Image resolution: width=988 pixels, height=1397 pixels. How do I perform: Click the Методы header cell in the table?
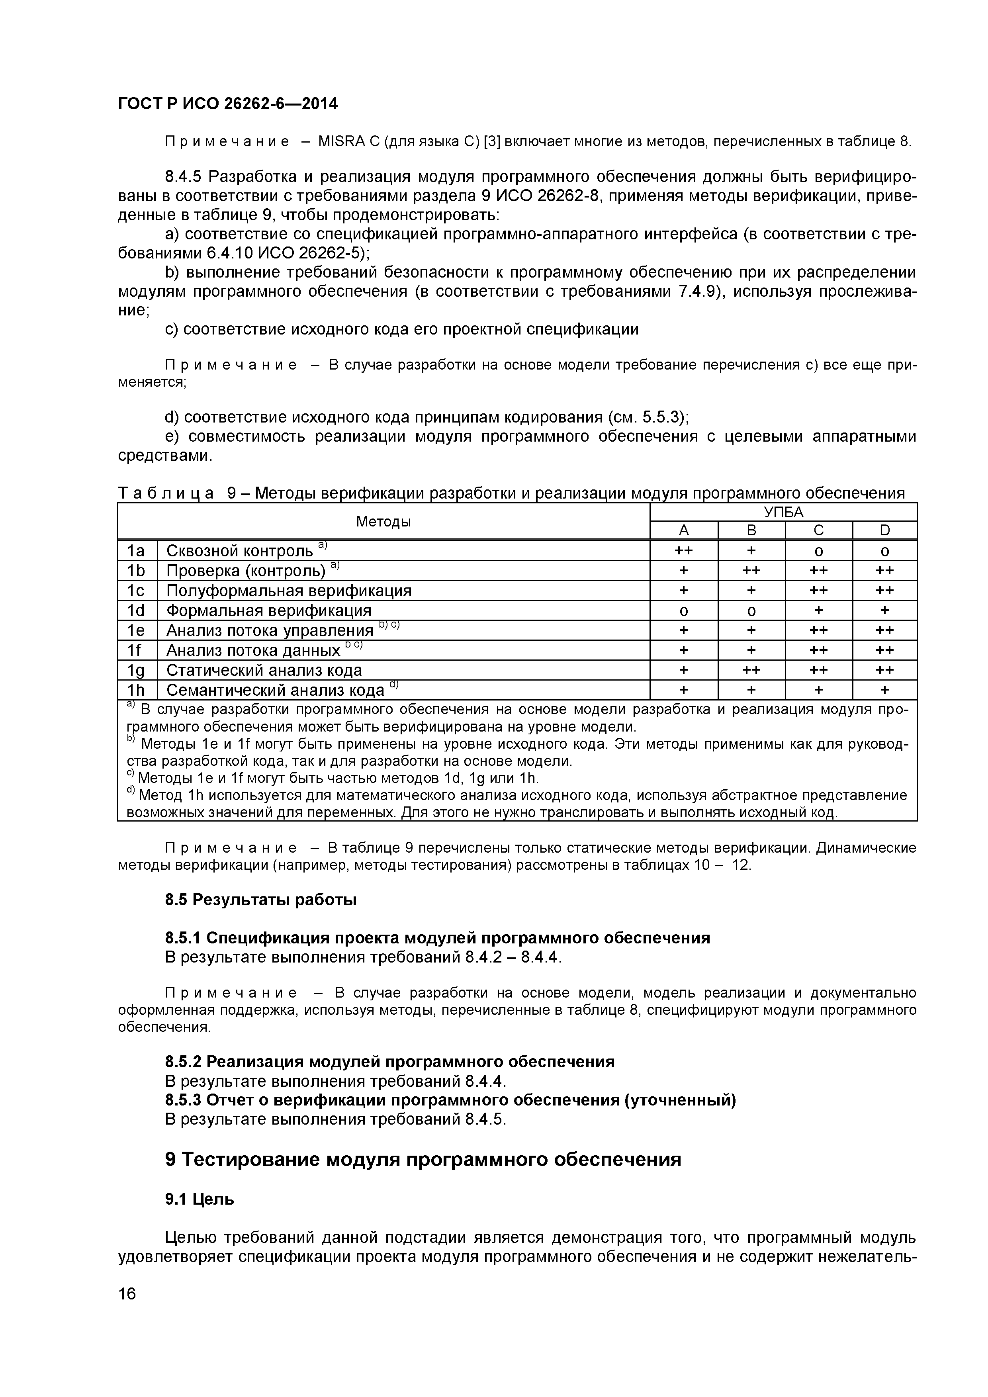click(383, 521)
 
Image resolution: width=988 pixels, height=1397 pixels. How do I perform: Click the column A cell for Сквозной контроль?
click(684, 551)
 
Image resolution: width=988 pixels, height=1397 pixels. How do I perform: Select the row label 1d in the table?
click(136, 610)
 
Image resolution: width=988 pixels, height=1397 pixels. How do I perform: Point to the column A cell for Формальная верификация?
click(684, 610)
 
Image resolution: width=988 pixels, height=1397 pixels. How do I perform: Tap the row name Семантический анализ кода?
click(275, 690)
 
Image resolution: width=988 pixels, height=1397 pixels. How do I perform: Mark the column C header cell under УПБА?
click(818, 530)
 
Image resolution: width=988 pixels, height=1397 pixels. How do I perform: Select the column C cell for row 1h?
click(818, 690)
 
